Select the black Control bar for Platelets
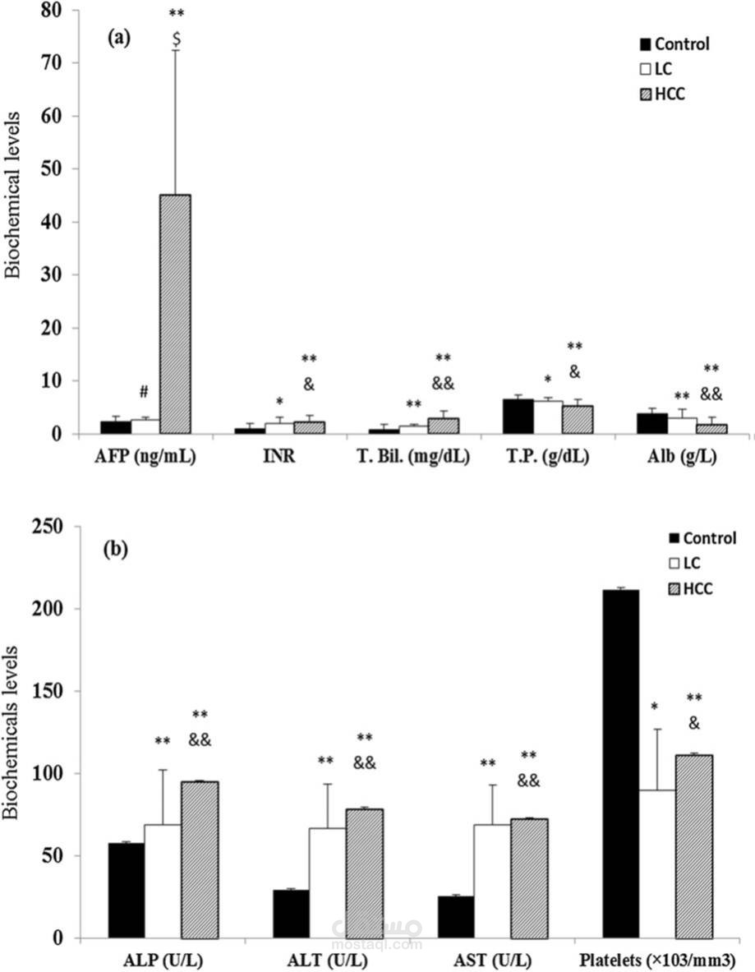click(620, 763)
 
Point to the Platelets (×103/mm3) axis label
click(656, 960)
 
